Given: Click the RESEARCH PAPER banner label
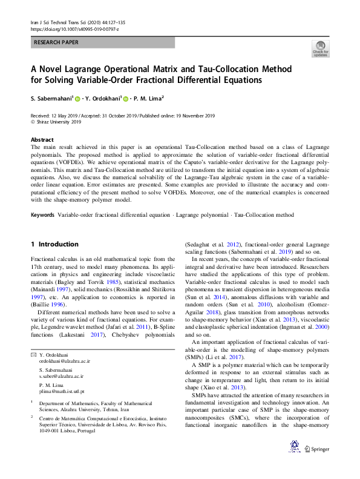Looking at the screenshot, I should pyautogui.click(x=56, y=42).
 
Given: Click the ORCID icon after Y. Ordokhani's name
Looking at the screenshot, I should pyautogui.click(x=126, y=97).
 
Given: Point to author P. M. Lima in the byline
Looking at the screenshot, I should pyautogui.click(x=146, y=97).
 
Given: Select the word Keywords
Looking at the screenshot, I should pyautogui.click(x=42, y=215).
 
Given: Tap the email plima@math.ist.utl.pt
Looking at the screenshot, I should pyautogui.click(x=62, y=392).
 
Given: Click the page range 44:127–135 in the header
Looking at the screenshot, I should pyautogui.click(x=106, y=22).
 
